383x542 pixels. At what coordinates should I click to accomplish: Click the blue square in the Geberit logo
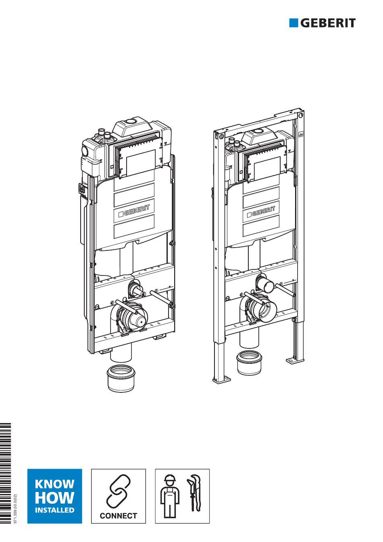[x=293, y=23]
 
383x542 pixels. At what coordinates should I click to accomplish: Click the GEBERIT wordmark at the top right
[x=328, y=23]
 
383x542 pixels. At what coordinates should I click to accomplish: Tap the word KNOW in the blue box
[x=54, y=484]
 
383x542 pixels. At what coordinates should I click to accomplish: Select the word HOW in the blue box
[x=54, y=498]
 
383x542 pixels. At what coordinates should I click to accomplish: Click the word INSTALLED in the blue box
[x=54, y=510]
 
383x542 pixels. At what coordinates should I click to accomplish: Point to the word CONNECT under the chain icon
[x=118, y=516]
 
